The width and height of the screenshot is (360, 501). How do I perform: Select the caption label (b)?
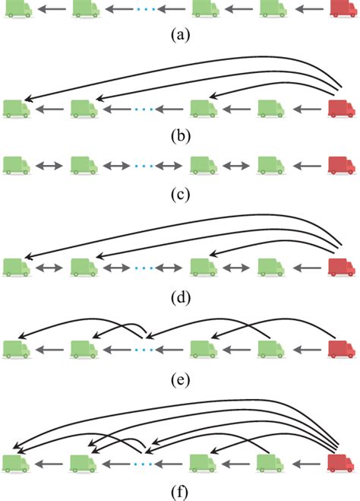click(x=180, y=138)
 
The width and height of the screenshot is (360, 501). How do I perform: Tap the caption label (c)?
click(x=180, y=193)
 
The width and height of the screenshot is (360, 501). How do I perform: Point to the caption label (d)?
click(x=180, y=296)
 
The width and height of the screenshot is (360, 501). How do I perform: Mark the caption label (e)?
click(x=180, y=377)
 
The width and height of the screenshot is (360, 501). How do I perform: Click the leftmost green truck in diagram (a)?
click(x=17, y=10)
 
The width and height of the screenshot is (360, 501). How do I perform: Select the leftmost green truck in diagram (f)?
click(x=17, y=462)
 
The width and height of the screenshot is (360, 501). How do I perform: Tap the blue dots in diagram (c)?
click(x=143, y=165)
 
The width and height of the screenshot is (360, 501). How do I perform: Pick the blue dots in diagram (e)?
click(x=143, y=350)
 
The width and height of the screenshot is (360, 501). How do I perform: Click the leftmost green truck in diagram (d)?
click(x=17, y=267)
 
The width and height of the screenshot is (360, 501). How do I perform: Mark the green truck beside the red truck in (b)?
click(x=272, y=109)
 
